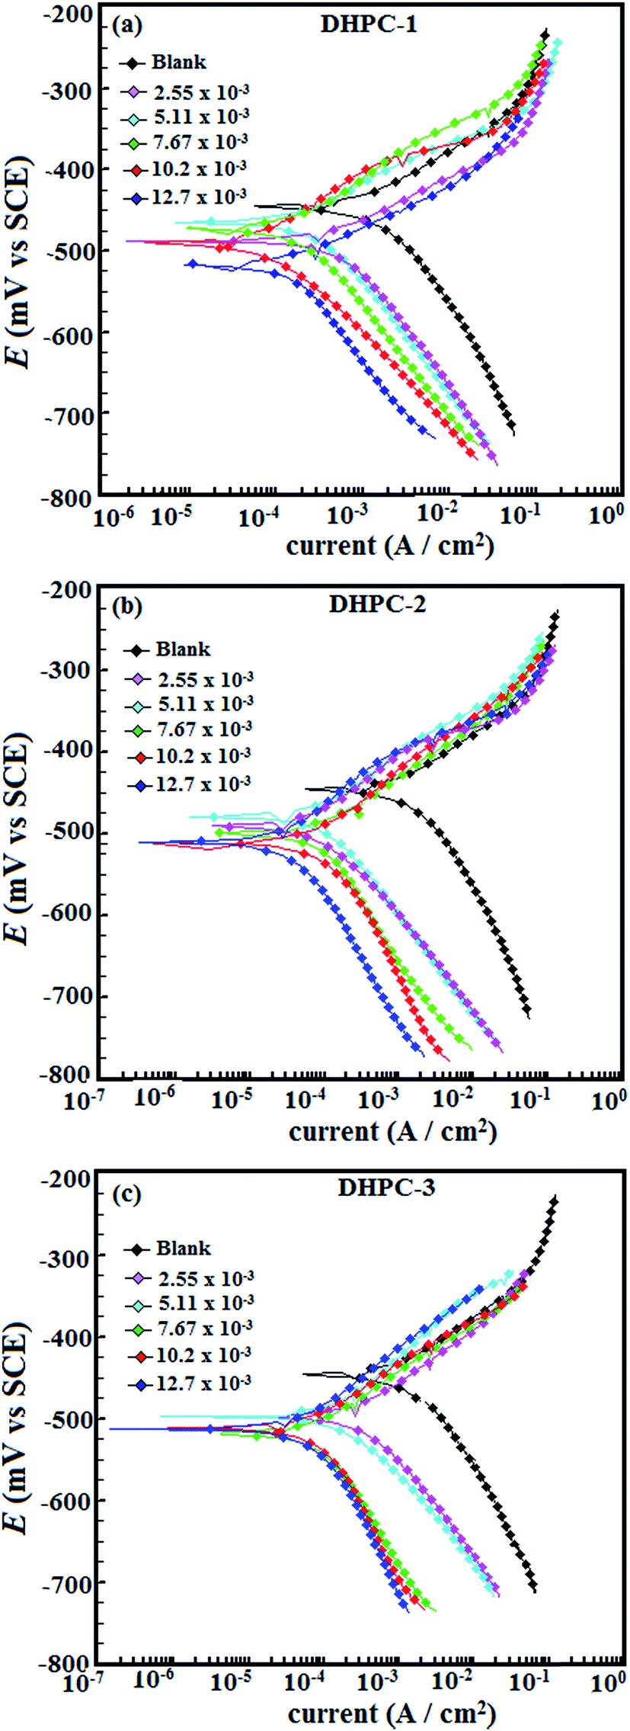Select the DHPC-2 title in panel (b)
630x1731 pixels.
coord(377,604)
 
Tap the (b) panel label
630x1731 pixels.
coord(126,607)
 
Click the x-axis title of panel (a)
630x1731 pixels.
coord(389,546)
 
